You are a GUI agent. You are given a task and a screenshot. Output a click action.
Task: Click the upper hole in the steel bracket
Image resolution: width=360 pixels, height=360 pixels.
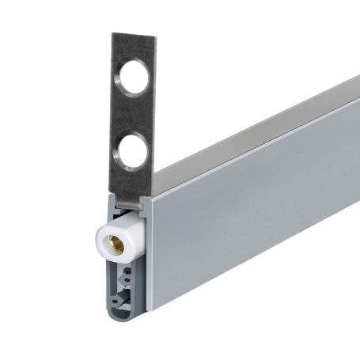coord(130,82)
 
